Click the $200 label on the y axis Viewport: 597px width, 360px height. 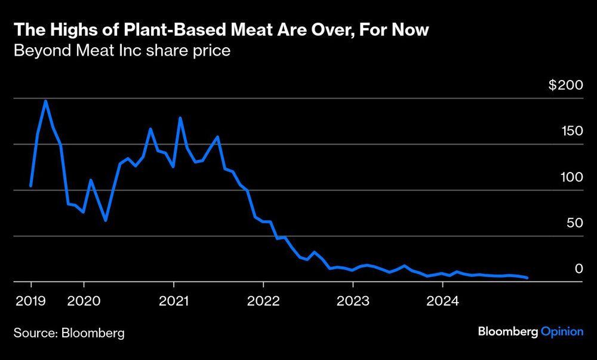[x=565, y=85]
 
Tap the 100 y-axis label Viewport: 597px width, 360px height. [x=570, y=177]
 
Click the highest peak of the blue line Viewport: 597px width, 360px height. [x=46, y=101]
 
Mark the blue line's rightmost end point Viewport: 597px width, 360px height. [x=527, y=278]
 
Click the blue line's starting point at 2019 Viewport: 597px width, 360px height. [x=30, y=186]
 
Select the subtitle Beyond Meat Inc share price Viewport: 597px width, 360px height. [x=122, y=50]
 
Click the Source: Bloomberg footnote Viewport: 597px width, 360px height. [x=69, y=333]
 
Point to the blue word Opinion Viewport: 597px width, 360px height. [x=562, y=332]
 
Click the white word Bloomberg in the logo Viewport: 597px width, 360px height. [x=507, y=332]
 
